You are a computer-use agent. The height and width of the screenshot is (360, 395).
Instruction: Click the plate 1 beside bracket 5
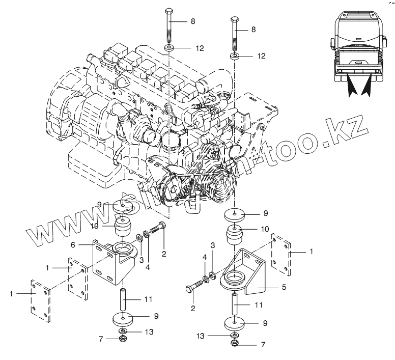(x=281, y=253)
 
